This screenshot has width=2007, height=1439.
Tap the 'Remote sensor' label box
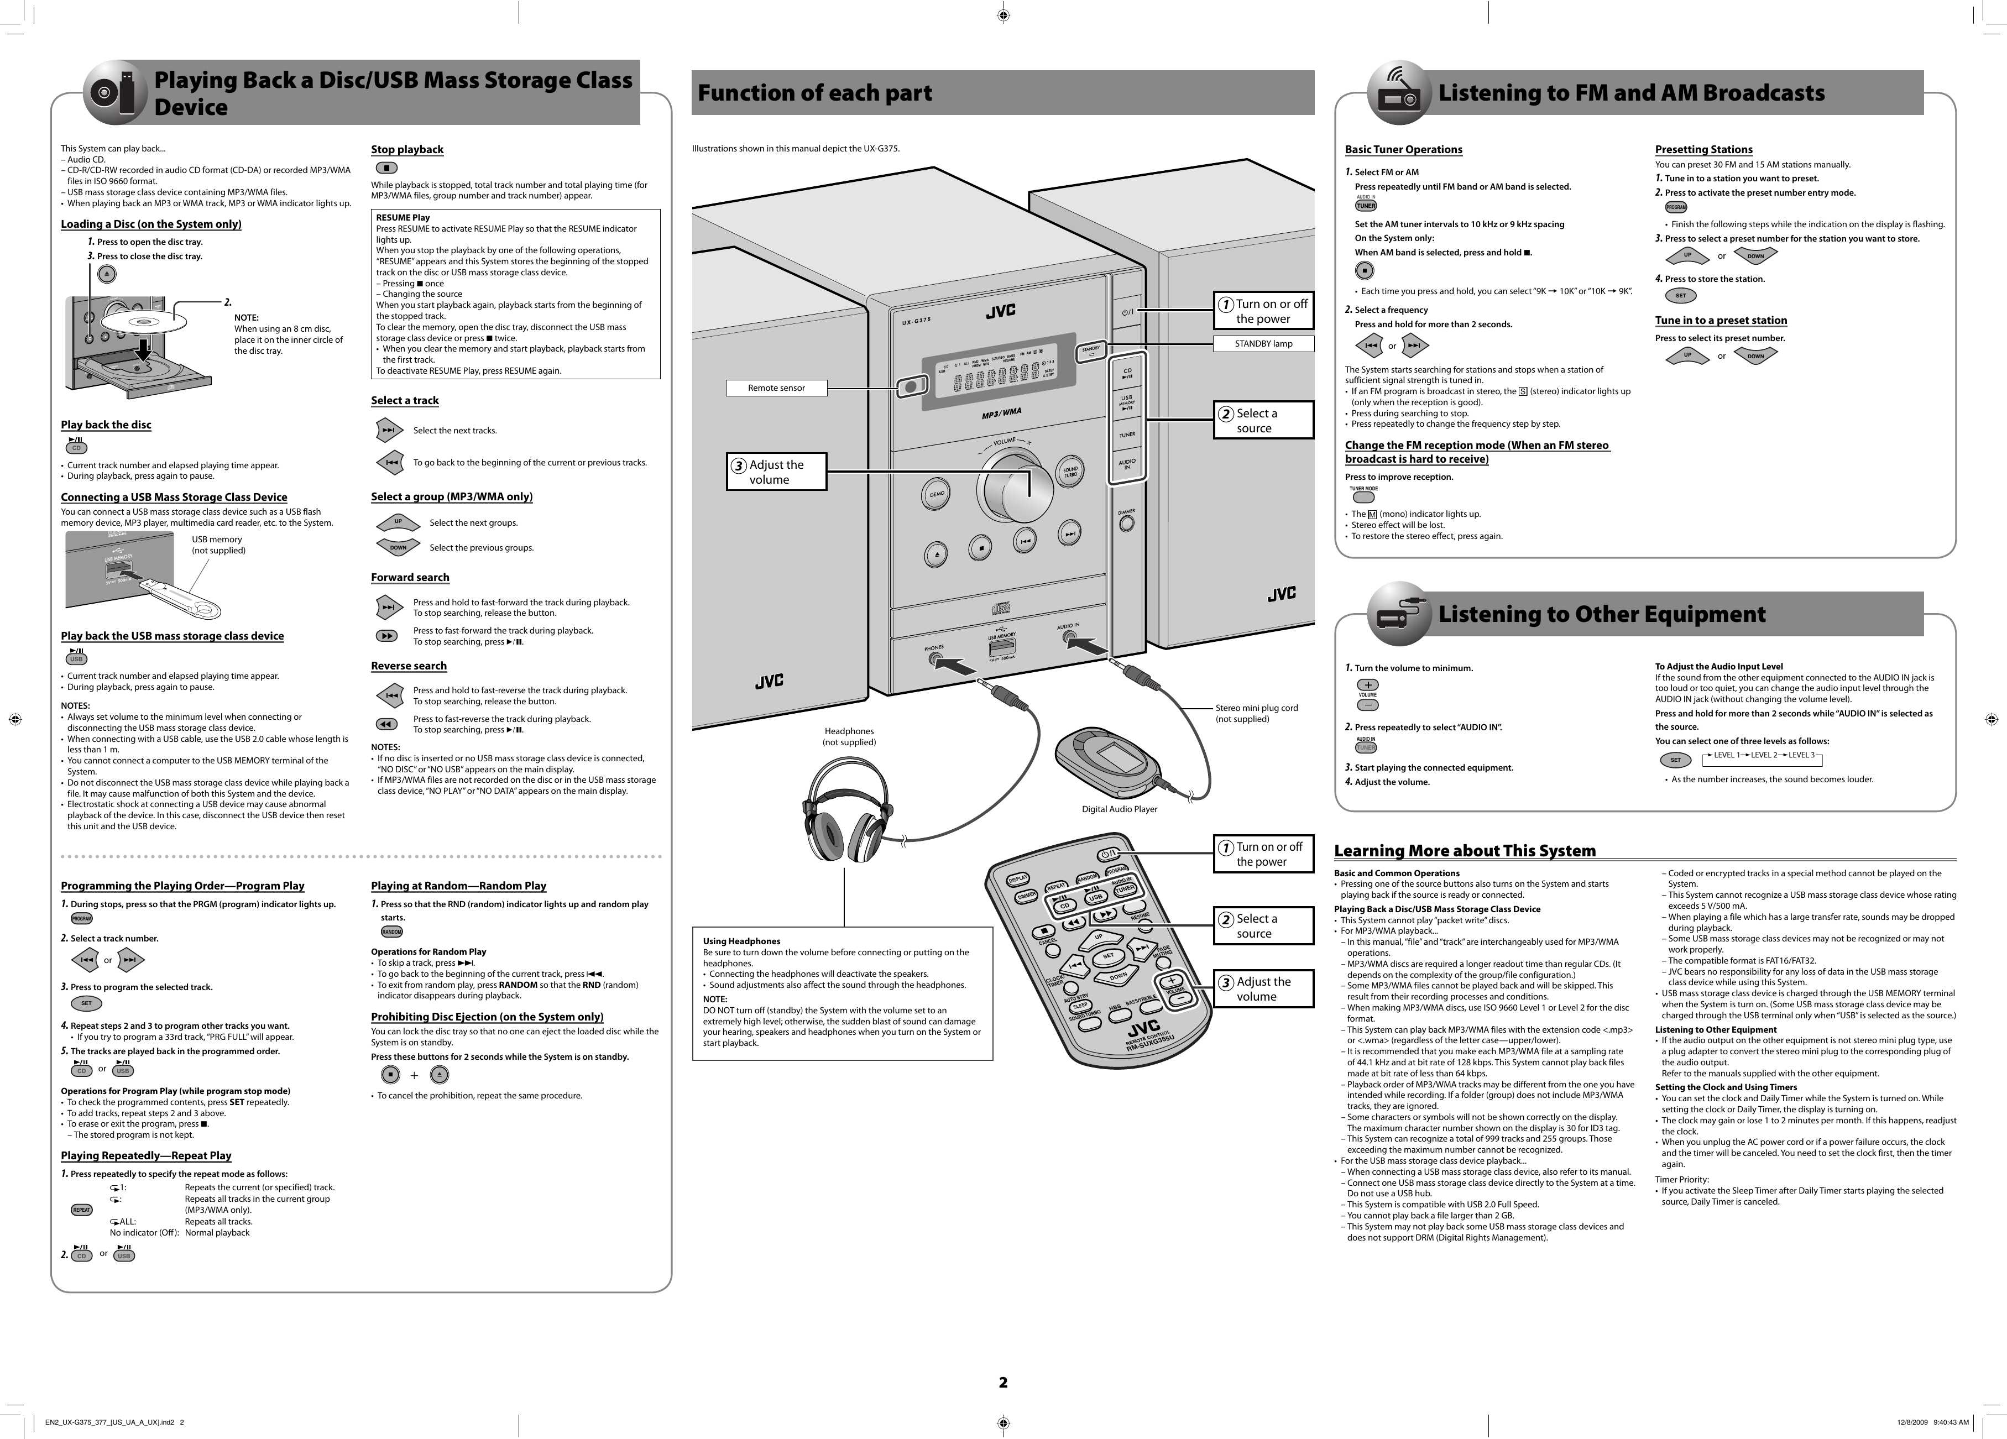776,388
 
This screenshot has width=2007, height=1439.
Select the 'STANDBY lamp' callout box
1263,343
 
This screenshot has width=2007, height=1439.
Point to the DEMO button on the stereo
937,494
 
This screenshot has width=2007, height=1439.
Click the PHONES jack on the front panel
934,660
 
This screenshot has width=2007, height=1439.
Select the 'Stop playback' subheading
407,150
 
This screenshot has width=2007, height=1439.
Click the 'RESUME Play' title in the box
403,218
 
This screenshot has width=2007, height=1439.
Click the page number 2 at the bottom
1002,1383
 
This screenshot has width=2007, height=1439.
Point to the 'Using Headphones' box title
741,941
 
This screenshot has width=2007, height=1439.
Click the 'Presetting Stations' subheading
1703,150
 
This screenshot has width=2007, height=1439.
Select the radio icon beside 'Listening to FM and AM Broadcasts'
1398,93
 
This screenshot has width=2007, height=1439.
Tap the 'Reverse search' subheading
409,666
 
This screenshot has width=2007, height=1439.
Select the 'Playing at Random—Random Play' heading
458,886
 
